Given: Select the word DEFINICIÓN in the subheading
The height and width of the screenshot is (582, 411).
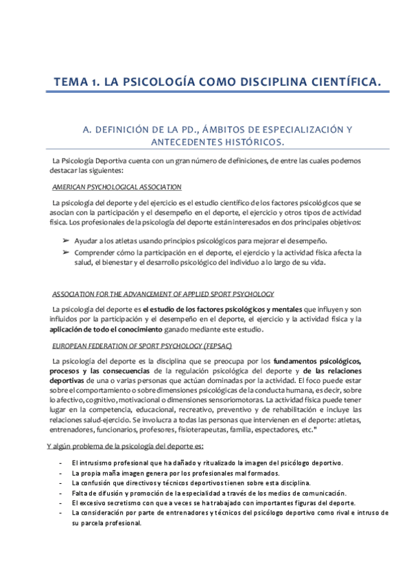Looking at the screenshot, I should pos(128,129).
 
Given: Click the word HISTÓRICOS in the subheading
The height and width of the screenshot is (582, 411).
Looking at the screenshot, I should pos(250,142).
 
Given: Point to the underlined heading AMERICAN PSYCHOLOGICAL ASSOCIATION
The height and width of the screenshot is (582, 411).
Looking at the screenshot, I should pos(117,187).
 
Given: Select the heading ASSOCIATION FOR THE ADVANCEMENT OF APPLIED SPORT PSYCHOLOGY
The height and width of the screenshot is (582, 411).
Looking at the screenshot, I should pos(163,293).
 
